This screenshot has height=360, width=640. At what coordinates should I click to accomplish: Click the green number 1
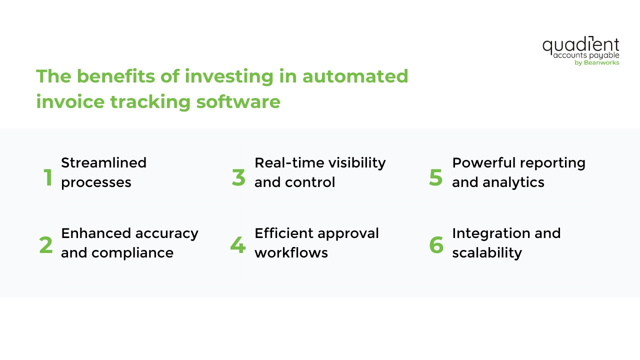[x=48, y=178]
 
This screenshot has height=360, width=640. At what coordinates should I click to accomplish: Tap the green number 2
[x=46, y=245]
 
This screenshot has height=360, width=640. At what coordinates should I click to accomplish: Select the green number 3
[x=239, y=178]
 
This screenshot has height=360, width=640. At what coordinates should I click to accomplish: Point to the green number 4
[x=238, y=245]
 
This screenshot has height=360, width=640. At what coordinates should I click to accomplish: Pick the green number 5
[x=436, y=178]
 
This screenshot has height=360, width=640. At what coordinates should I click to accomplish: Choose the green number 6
[x=436, y=245]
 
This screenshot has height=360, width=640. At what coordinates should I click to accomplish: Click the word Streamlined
[x=103, y=163]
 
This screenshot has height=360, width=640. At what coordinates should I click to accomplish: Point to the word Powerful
[x=484, y=163]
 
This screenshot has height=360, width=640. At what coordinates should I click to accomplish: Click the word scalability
[x=487, y=253]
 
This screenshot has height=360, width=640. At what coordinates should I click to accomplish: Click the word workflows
[x=291, y=253]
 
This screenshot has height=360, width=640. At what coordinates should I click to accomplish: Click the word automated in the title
[x=355, y=76]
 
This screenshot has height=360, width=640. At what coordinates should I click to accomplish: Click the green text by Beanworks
[x=597, y=63]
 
